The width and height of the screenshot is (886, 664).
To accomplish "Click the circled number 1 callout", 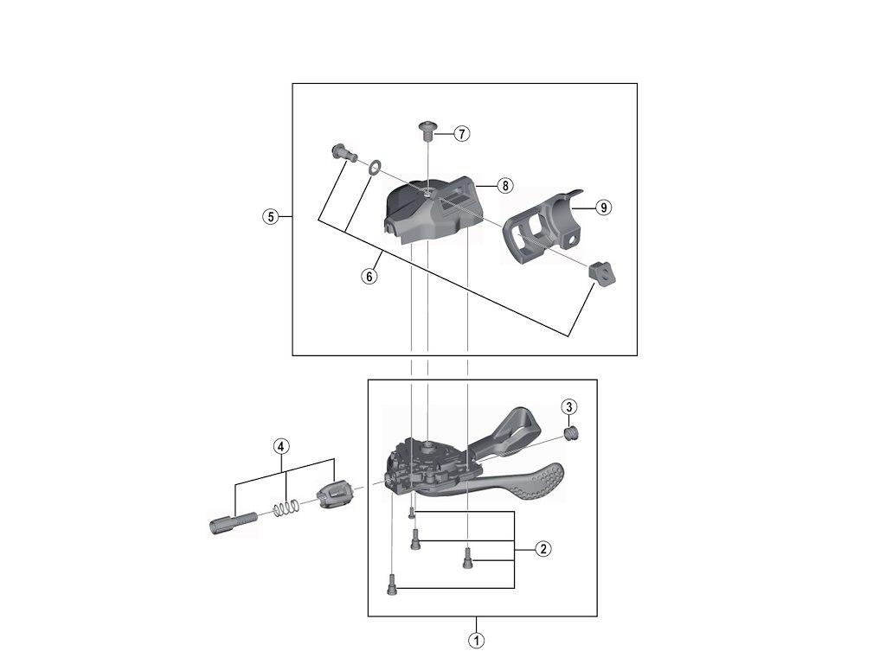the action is point(477,641).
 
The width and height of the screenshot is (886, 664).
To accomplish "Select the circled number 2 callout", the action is point(543,549).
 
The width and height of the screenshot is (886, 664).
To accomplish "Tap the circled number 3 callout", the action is point(569,406).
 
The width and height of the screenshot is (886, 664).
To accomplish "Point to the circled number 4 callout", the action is point(281,446).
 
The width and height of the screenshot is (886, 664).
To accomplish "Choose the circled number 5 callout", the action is point(271,217).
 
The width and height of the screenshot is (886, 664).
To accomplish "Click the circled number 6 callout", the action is point(369,276).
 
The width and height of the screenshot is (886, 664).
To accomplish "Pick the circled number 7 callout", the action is point(462,134).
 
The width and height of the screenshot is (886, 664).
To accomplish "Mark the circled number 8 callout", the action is point(504,185).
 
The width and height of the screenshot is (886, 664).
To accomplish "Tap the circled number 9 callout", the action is point(603,207).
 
